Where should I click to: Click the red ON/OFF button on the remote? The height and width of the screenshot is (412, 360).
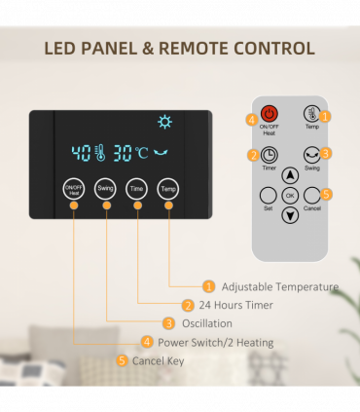(270, 114)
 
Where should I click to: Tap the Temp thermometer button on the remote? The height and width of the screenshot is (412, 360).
(311, 114)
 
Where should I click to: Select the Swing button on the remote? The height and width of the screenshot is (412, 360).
(311, 154)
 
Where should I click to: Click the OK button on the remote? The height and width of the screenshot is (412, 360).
(290, 195)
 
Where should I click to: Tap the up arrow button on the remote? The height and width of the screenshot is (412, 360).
(290, 176)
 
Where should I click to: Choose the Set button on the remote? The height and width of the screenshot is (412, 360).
(269, 194)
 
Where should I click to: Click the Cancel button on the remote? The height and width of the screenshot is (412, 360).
(311, 194)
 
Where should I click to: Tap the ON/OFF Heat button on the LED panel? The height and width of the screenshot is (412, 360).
(75, 189)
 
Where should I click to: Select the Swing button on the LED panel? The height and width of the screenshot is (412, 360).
(106, 189)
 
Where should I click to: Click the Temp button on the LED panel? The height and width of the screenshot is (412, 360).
(168, 189)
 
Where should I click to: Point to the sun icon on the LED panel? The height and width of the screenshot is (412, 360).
(164, 124)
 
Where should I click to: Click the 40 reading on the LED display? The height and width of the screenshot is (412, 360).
(81, 153)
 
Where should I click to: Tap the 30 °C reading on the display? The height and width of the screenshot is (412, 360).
(128, 153)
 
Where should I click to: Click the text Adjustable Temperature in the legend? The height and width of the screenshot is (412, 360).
(279, 286)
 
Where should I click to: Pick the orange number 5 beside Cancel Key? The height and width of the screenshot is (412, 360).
(122, 360)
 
